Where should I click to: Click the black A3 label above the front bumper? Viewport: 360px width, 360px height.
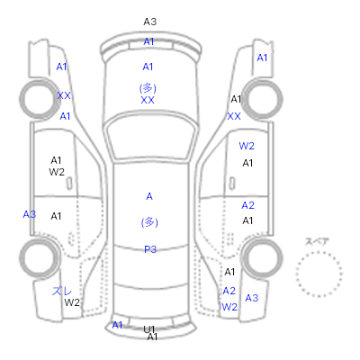click(x=150, y=22)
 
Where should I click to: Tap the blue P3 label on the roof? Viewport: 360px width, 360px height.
click(x=150, y=249)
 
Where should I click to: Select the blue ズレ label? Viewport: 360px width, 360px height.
click(x=62, y=291)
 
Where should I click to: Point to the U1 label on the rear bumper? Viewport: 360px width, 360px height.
click(x=148, y=329)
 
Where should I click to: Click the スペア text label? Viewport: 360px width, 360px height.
click(x=317, y=241)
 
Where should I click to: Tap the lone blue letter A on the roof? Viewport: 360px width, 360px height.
click(x=149, y=196)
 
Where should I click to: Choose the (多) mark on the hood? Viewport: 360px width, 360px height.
click(x=148, y=88)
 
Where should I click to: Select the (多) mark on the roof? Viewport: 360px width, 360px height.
click(x=149, y=222)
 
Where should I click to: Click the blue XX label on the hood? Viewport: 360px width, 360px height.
click(x=148, y=100)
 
